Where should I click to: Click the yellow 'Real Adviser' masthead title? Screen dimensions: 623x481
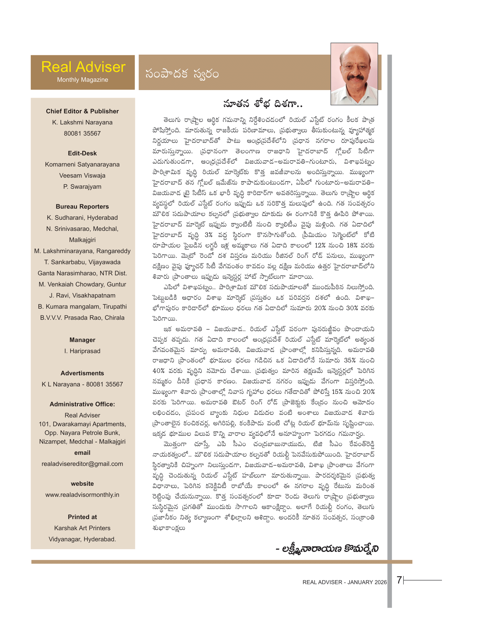pos(83,67)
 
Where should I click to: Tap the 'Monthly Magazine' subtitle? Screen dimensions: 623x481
pos(83,80)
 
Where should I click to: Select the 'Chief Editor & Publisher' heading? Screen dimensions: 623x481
pos(82,111)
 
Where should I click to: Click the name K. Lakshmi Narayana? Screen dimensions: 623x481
pos(82,122)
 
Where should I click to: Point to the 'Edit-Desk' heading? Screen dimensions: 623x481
pos(82,153)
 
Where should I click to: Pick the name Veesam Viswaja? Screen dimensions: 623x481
pos(82,176)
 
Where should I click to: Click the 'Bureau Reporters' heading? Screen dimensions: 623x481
pos(82,206)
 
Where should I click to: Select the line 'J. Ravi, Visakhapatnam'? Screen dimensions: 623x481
pos(82,296)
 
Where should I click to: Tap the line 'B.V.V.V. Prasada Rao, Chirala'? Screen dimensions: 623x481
pos(82,318)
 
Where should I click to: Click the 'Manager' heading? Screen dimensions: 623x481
pos(82,340)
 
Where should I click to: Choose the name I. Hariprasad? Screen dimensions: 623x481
pos(82,351)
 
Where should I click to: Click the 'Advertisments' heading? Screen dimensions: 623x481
pos(82,373)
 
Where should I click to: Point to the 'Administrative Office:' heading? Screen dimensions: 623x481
pos(82,404)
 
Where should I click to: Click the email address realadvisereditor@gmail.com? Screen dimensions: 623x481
pos(82,464)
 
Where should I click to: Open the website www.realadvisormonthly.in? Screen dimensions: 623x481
pos(82,495)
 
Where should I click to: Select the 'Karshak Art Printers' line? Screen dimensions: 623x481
pos(82,528)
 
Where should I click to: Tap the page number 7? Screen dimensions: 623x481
pos(399,580)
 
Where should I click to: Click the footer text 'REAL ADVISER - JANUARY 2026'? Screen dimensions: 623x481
pos(345,582)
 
